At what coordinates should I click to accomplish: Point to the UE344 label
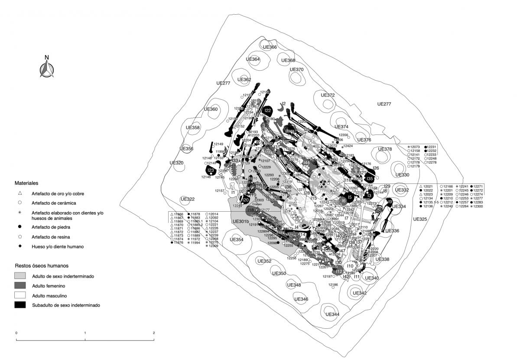tap(332, 314)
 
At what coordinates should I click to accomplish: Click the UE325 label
tap(420, 219)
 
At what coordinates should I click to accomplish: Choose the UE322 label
tap(188, 200)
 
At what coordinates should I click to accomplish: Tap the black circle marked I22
tap(268, 111)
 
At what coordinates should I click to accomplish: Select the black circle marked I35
tap(369, 179)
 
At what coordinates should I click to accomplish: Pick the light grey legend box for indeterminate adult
tap(20, 276)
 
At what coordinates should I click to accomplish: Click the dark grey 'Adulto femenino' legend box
tap(20, 285)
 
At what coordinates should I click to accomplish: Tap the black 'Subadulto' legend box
tap(20, 305)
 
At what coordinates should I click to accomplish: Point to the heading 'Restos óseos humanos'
tap(42, 265)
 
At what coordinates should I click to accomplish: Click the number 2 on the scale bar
tap(154, 333)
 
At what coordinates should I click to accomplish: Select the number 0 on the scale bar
tap(16, 333)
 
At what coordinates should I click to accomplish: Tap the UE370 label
tap(296, 70)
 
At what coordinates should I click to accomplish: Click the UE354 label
tap(237, 240)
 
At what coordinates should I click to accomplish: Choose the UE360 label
tap(210, 109)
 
